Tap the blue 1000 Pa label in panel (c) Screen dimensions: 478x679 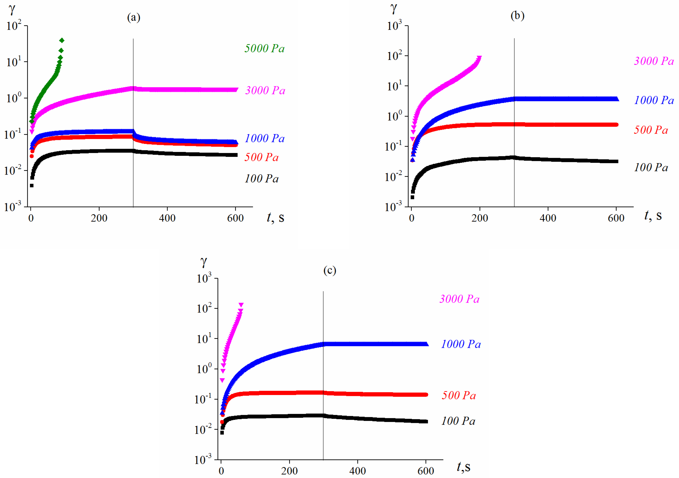point(461,344)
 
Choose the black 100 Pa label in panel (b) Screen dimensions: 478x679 point(651,167)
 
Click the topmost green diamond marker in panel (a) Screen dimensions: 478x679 point(62,40)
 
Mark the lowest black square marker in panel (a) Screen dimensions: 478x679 point(32,186)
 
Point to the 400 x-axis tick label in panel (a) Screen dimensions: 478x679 point(167,218)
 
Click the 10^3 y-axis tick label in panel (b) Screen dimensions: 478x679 point(395,26)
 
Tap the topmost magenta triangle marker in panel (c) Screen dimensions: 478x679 point(241,305)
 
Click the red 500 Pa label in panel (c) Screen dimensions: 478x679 point(459,395)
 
